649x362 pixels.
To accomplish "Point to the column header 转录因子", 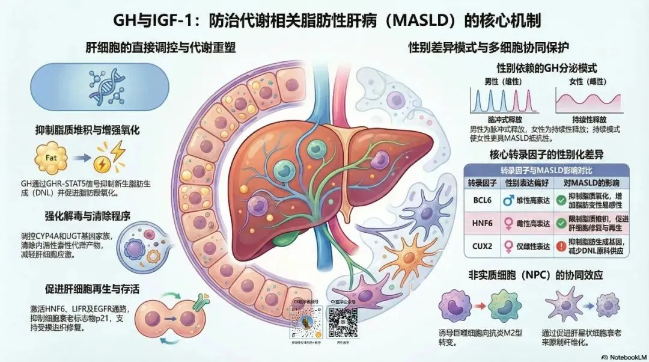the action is point(481,182).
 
